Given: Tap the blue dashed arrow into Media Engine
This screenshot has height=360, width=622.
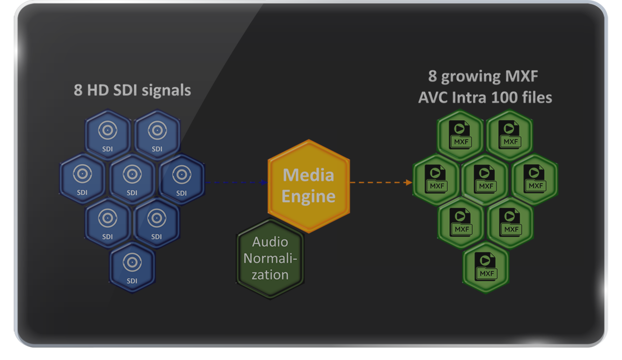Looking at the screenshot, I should point(236,183).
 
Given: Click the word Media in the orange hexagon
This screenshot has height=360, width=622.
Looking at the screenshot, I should point(308,175).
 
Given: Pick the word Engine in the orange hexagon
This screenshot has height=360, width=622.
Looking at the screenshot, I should point(309,197).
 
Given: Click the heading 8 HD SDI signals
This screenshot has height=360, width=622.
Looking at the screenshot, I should point(132,90).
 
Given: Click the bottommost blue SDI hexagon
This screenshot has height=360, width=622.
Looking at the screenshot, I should point(132,266).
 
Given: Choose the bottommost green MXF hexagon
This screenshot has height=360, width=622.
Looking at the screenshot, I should point(486,266).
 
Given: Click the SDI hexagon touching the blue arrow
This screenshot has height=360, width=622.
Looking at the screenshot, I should point(181,179).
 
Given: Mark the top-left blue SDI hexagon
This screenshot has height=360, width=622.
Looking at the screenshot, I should point(107,135).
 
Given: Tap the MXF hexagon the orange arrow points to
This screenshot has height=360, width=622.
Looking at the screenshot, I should point(435,179).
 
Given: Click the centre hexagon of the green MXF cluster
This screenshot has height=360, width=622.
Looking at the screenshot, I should point(485,179).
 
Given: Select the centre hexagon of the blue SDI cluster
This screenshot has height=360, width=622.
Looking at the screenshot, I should point(132,179).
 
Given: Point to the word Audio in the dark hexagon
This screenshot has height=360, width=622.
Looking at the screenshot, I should point(270,242).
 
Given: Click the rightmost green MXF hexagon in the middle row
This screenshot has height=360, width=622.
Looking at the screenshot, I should point(534,179).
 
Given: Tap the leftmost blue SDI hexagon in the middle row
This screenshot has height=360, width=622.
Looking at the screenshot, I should point(82,179).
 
